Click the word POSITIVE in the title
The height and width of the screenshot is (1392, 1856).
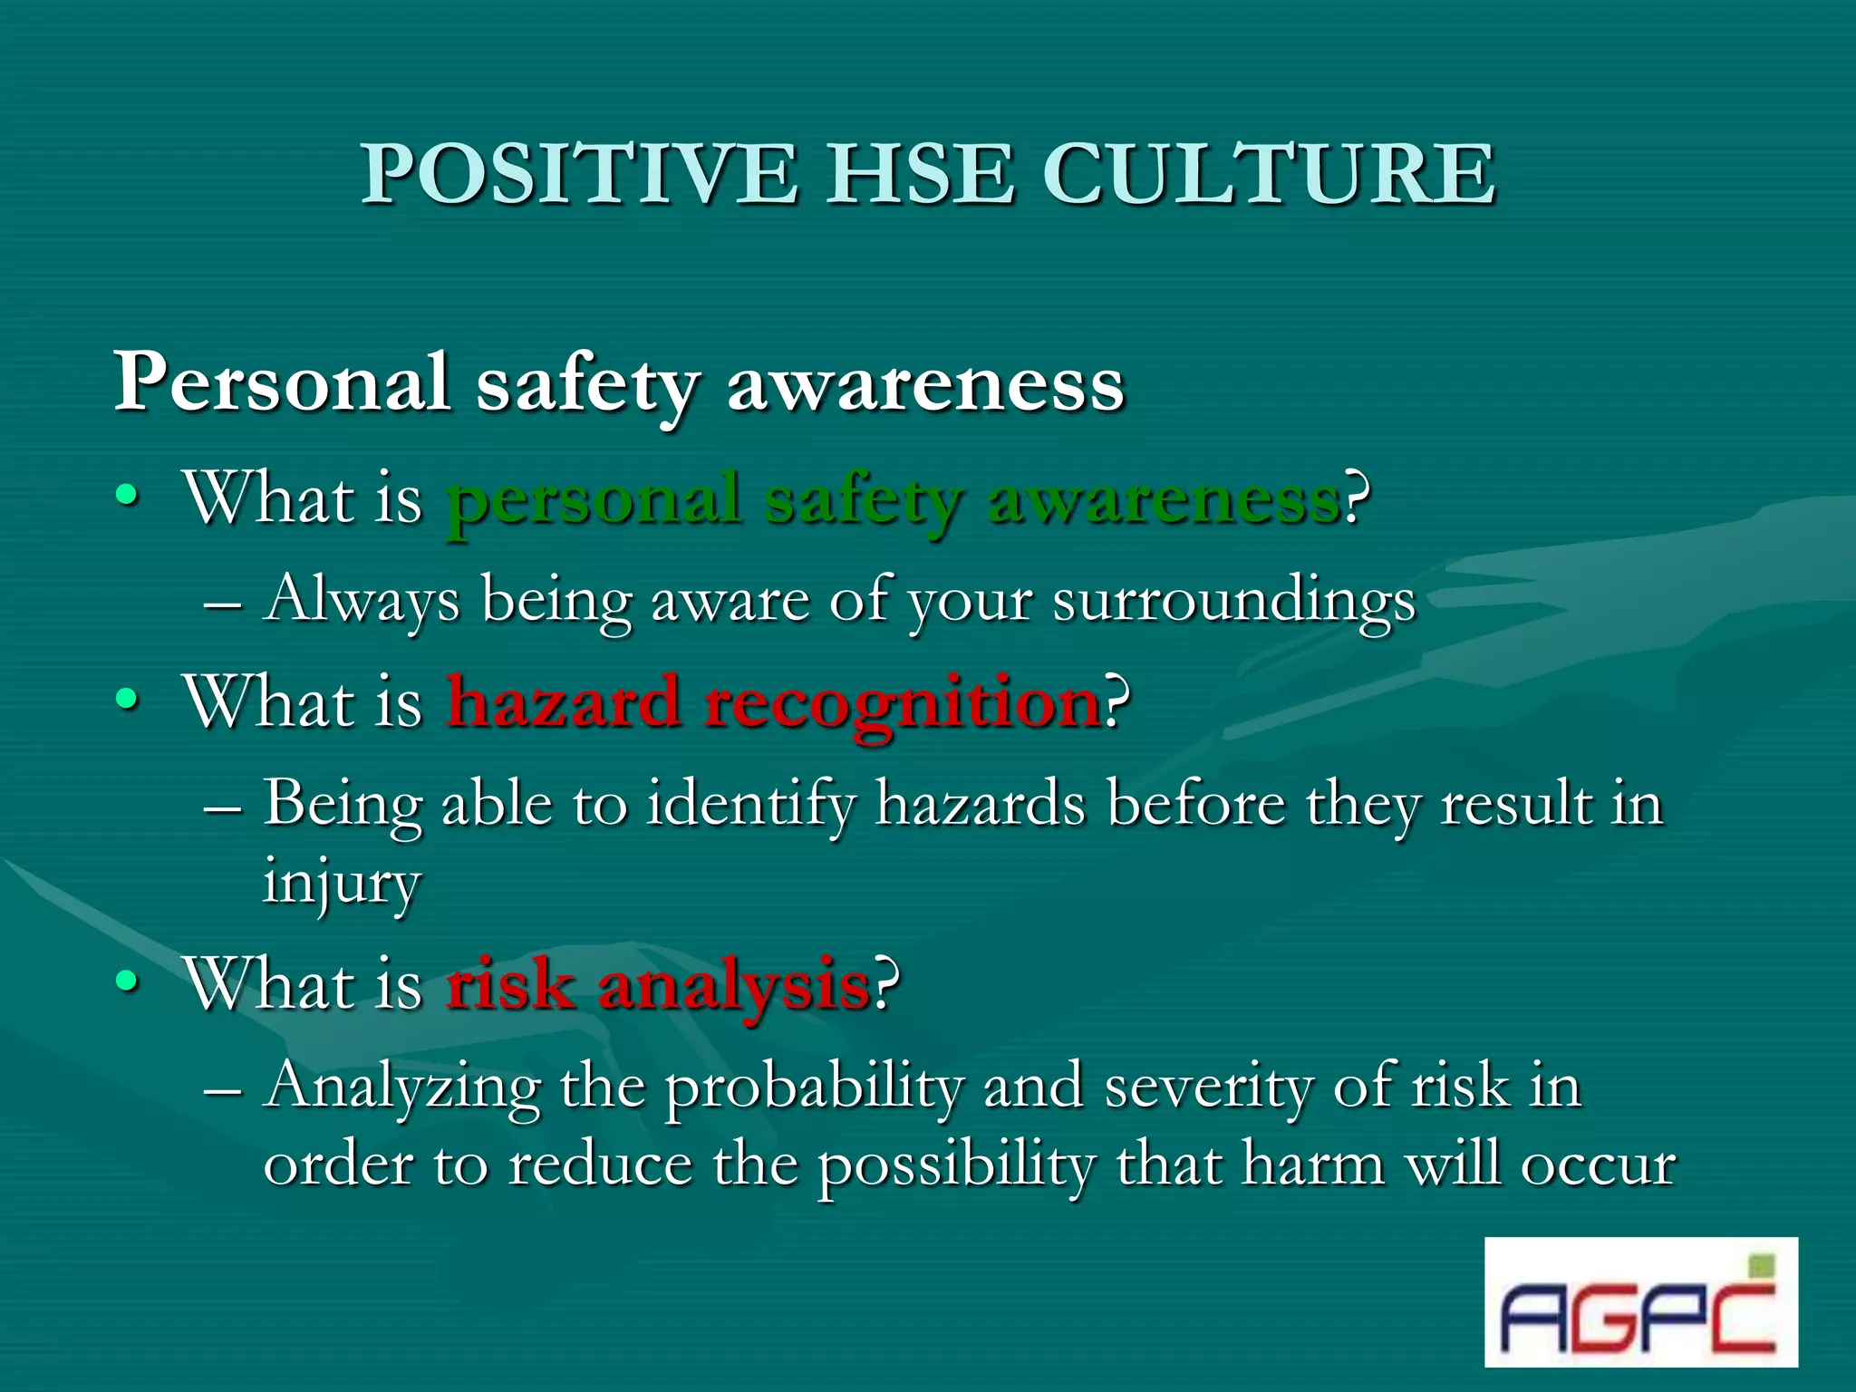pyautogui.click(x=580, y=174)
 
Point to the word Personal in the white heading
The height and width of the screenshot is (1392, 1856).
pyautogui.click(x=281, y=382)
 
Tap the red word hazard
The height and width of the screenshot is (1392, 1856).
pyautogui.click(x=564, y=702)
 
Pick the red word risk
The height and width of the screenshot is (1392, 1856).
pyautogui.click(x=510, y=985)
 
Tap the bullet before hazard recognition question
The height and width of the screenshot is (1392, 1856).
pyautogui.click(x=128, y=700)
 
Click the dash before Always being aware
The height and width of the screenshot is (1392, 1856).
pyautogui.click(x=223, y=603)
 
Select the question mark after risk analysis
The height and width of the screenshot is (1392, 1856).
pyautogui.click(x=885, y=983)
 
